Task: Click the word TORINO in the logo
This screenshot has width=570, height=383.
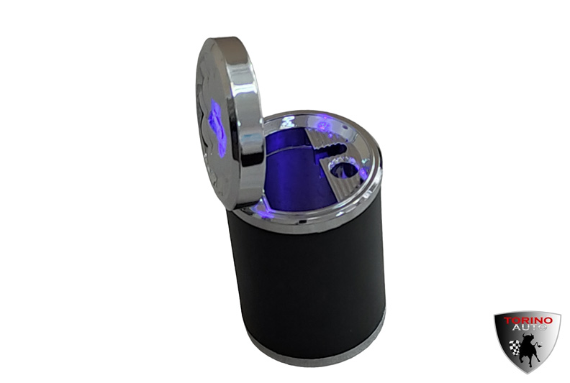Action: point(528,320)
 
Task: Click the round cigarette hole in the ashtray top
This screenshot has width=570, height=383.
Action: point(343,170)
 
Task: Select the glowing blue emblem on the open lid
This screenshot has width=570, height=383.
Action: point(217,129)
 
